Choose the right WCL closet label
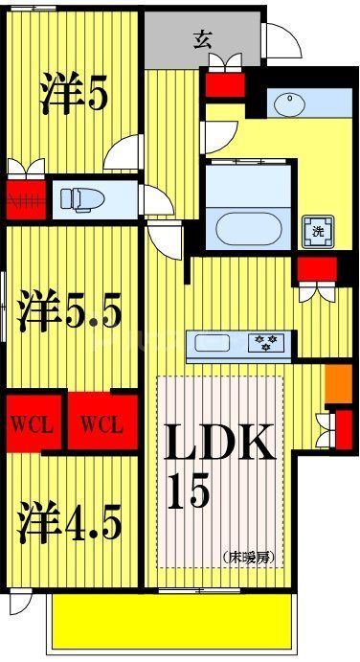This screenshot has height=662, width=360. (x=101, y=423)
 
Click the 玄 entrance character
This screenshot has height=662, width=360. (x=203, y=40)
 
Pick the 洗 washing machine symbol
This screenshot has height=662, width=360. (x=316, y=230)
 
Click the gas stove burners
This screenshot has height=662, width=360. (x=263, y=343)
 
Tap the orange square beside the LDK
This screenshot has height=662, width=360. (x=334, y=382)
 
